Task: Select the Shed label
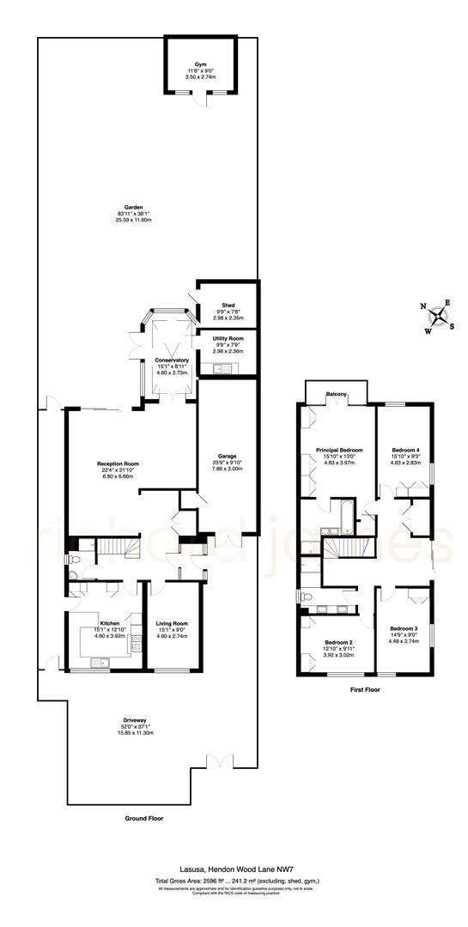[228, 305]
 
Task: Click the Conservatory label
[172, 360]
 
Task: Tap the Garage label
[227, 456]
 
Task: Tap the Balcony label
[337, 394]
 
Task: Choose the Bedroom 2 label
[337, 642]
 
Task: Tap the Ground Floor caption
[143, 818]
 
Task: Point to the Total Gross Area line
[234, 882]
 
